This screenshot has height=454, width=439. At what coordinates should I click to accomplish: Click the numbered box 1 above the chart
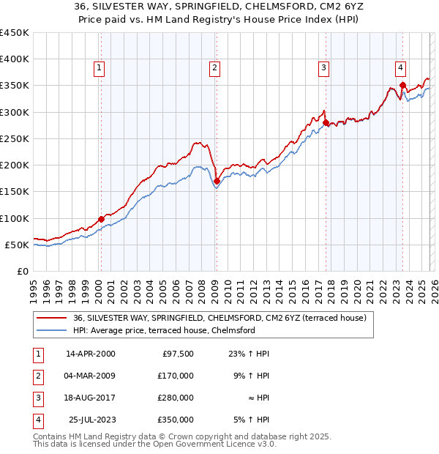coord(99,68)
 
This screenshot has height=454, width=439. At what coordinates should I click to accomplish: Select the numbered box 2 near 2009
coord(214,68)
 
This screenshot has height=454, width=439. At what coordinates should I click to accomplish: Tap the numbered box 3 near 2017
coord(323,68)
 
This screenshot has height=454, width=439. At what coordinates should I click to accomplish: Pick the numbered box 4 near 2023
coord(401,68)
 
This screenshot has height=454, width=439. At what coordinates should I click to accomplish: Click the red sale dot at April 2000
coord(101,219)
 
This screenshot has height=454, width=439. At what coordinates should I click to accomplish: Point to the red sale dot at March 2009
coord(217,181)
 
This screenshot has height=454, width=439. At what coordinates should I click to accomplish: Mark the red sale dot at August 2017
coord(326,123)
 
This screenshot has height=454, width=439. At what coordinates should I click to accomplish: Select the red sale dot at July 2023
coord(402,86)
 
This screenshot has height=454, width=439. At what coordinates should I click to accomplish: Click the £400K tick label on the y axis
coord(14,59)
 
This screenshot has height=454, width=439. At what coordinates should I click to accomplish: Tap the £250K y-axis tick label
coord(14,138)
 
